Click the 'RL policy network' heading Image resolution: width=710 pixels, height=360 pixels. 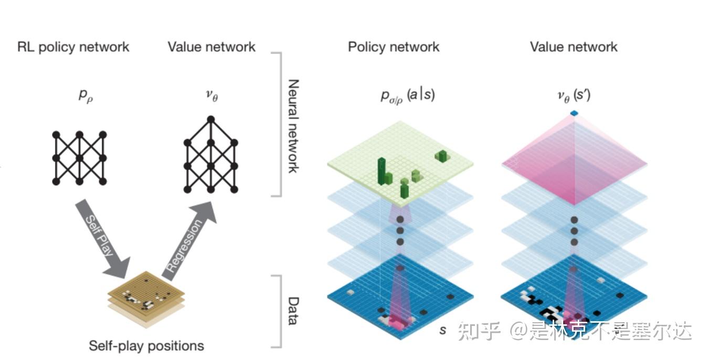(73, 47)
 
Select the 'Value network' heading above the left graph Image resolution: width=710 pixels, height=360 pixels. (211, 47)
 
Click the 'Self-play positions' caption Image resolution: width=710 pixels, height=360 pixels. (146, 346)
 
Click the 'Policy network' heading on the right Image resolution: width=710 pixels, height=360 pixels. (394, 47)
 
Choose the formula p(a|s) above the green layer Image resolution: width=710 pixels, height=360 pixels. (408, 96)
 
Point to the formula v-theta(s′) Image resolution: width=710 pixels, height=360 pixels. (574, 96)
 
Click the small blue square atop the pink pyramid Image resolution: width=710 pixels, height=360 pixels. (574, 113)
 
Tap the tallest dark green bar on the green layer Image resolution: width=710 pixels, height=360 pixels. (382, 171)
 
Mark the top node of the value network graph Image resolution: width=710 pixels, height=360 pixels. (211, 119)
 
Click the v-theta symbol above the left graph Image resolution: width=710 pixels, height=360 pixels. (211, 96)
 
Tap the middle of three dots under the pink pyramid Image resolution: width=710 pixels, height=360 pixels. (574, 231)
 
